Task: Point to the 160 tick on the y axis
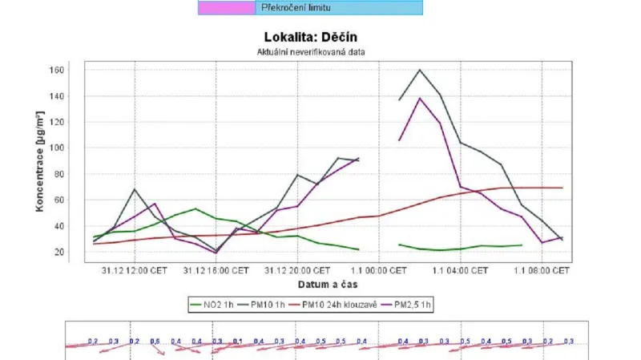pos(55,70)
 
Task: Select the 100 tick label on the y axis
pos(55,148)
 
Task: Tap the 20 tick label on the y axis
pos(58,252)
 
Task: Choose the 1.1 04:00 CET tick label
pos(461,271)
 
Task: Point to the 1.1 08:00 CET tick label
pos(542,271)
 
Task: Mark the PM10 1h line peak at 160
pos(419,70)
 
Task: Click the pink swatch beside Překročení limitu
pos(227,7)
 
